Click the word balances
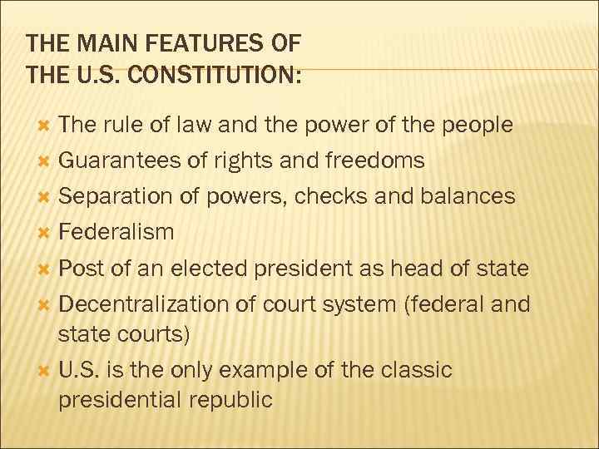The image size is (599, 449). tap(468, 196)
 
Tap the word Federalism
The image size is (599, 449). tap(116, 232)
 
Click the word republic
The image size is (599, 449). tap(230, 400)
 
